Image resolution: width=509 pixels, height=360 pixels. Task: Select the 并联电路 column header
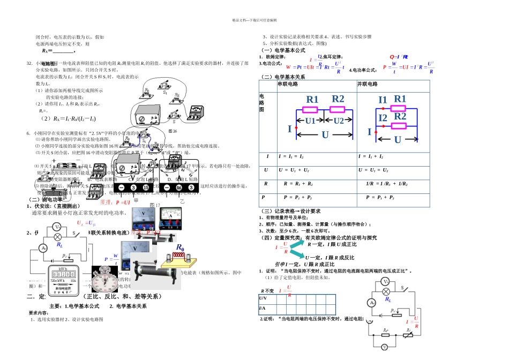tap(367, 85)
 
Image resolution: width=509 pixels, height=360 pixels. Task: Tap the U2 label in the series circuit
tap(339, 121)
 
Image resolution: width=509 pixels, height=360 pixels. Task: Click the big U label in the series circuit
tap(325, 135)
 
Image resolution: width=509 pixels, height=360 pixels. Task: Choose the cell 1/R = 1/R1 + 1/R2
tap(387, 183)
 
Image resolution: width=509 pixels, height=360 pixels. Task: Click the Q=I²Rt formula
tap(399, 56)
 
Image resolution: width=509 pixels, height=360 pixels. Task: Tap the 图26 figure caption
tap(173, 131)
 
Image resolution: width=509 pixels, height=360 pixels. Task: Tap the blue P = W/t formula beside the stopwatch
tap(115, 259)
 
